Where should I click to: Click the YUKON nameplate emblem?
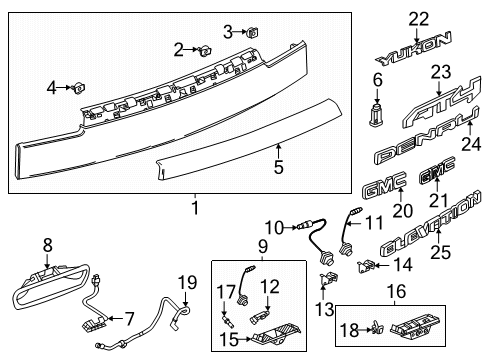(413, 49)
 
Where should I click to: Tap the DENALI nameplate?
(427, 137)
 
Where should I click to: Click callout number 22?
(419, 19)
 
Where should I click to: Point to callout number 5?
(279, 167)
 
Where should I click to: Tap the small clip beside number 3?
(252, 33)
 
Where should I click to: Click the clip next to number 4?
(79, 88)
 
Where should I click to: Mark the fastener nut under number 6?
(377, 115)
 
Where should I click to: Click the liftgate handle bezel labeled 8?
(50, 287)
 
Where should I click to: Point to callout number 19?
(187, 283)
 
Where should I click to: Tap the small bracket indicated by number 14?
(366, 266)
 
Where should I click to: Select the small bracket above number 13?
(329, 278)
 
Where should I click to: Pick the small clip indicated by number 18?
(377, 328)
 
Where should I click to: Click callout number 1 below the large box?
(195, 208)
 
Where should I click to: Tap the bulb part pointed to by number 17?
(228, 321)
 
